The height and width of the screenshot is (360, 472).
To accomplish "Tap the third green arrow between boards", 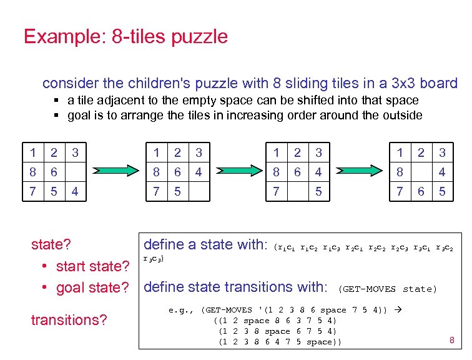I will (356, 171).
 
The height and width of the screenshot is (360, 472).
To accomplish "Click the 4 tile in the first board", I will (76, 191).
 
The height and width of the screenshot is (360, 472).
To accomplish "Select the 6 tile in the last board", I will (421, 191).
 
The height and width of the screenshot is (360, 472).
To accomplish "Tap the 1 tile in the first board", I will (33, 152).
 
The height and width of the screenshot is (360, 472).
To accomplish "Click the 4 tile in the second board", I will (198, 171).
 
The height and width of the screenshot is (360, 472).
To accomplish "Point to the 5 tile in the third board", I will (318, 191).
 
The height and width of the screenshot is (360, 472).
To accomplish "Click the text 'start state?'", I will (92, 266).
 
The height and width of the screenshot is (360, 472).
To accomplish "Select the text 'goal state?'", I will (92, 287).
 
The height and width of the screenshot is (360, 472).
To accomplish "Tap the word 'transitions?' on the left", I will (69, 320).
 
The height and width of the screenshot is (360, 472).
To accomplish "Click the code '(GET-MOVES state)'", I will (387, 289).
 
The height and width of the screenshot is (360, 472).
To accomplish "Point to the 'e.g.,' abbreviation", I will (182, 309).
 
